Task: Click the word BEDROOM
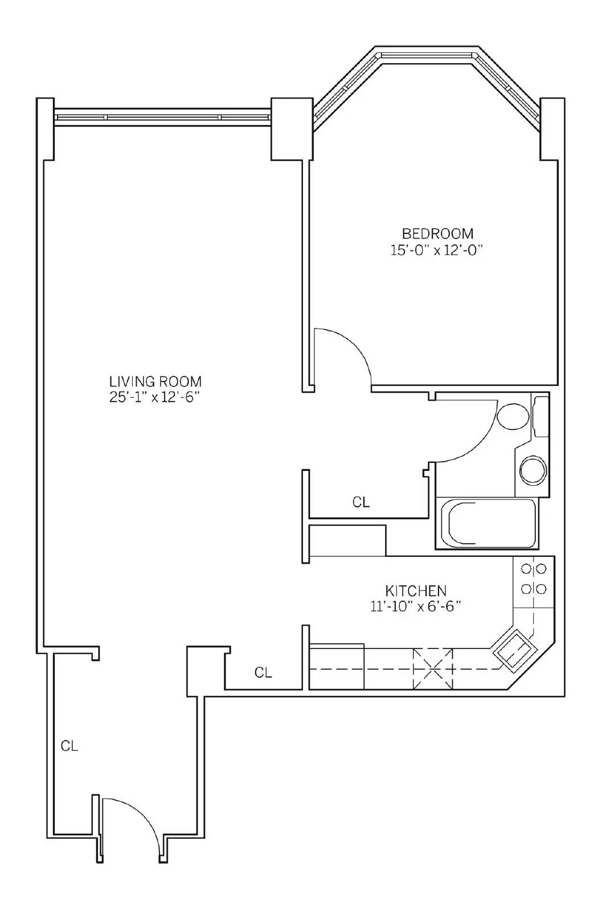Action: (437, 233)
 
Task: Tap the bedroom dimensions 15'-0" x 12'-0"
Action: (436, 250)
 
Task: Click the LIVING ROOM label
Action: (155, 381)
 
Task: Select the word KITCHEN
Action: (416, 590)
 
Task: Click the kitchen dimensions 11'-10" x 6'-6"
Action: (416, 606)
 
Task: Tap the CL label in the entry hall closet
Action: (69, 746)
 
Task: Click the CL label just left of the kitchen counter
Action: (263, 672)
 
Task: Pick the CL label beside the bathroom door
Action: (361, 502)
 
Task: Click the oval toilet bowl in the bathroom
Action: (514, 416)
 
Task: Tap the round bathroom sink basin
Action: (533, 470)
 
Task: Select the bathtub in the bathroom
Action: (487, 523)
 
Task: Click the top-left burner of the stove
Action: (526, 569)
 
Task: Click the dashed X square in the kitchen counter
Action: (433, 669)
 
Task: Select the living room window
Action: (163, 117)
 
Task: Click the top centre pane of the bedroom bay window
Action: (427, 54)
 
